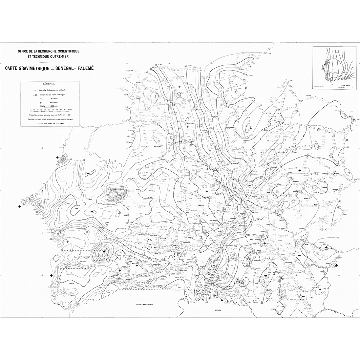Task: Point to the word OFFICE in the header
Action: pos(25,51)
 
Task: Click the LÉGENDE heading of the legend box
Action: pos(49,83)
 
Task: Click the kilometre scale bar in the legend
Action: pos(49,110)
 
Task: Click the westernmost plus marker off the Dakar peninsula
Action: pos(19,206)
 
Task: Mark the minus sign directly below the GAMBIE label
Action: pos(79,271)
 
